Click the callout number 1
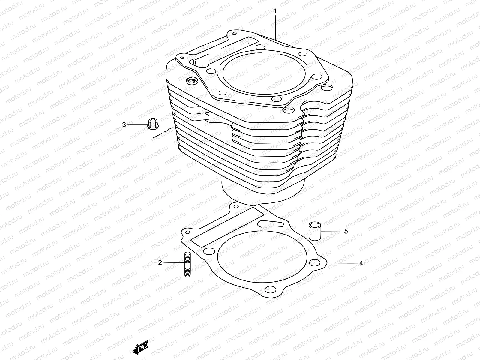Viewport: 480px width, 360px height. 275,12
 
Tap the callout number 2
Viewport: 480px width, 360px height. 160,263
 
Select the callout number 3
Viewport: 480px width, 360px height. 124,125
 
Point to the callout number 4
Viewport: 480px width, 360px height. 361,263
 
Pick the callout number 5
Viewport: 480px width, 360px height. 346,231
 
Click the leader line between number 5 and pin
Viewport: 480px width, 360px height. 331,231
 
